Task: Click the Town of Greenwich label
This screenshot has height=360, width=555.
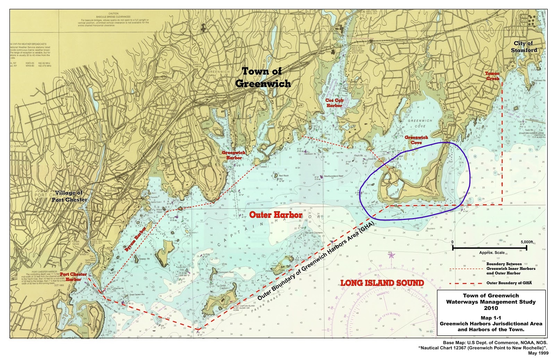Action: [x=263, y=77]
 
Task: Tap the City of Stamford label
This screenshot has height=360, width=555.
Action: [x=523, y=46]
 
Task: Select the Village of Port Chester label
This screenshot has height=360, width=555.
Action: [x=70, y=196]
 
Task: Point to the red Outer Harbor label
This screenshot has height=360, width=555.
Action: [x=276, y=215]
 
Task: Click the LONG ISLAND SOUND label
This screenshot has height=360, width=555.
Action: [x=382, y=283]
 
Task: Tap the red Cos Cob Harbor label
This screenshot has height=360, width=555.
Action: [x=334, y=103]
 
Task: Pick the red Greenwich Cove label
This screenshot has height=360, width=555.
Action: [x=416, y=140]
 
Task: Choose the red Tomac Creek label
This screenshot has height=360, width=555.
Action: [x=492, y=76]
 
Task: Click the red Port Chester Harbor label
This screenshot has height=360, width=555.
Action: [x=73, y=277]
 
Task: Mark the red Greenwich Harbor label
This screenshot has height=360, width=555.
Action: [x=233, y=155]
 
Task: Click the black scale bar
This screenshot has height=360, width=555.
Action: [x=489, y=247]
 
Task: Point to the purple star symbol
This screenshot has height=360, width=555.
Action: [x=392, y=256]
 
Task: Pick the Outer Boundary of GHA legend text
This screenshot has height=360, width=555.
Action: [x=509, y=283]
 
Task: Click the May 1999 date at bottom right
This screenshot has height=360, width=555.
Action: [x=538, y=353]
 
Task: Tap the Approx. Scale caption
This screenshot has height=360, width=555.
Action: [x=492, y=252]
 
